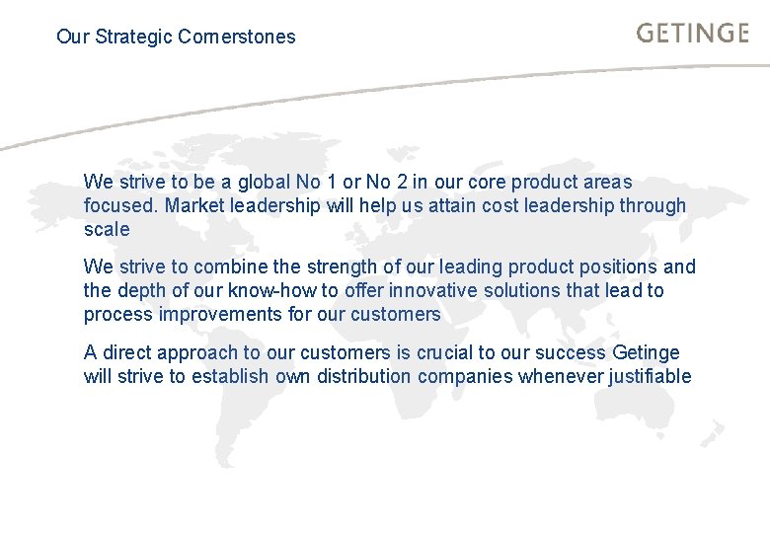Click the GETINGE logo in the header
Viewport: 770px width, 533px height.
tap(692, 34)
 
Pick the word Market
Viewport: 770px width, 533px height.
tap(193, 206)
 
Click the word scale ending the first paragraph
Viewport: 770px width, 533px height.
tap(107, 230)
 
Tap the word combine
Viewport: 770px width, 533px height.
tap(234, 267)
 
